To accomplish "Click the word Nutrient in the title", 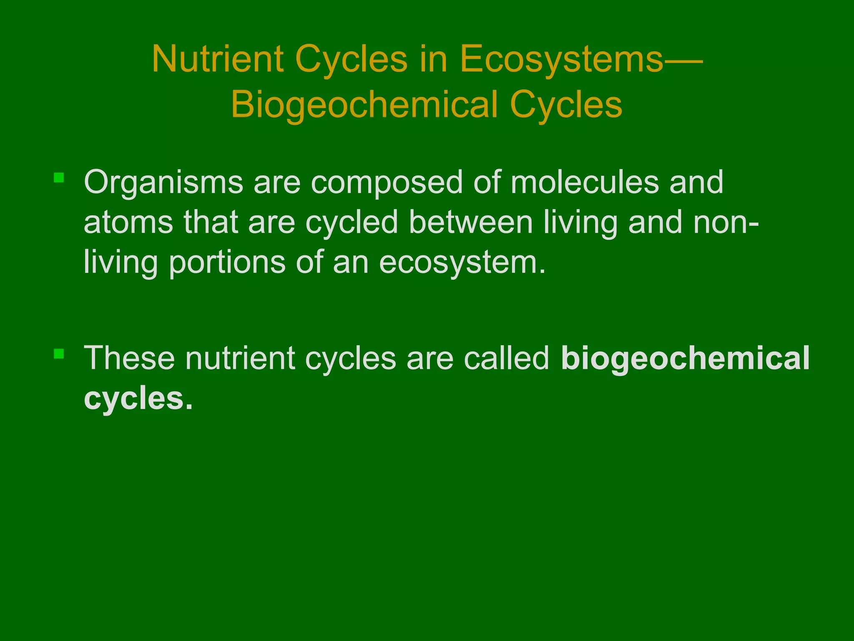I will point(218,59).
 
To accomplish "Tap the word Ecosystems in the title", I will point(561,59).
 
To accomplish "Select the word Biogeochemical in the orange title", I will point(364,104).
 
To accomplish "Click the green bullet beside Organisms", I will point(59,178).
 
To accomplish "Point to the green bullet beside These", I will point(59,354).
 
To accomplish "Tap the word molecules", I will point(584,182).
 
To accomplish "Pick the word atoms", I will point(128,222).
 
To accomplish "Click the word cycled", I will point(352,222).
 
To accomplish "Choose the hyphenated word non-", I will point(726,223).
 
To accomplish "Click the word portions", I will point(227,263).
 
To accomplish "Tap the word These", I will point(129,358).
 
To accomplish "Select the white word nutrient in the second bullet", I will point(240,358).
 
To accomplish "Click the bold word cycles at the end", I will point(138,399).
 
